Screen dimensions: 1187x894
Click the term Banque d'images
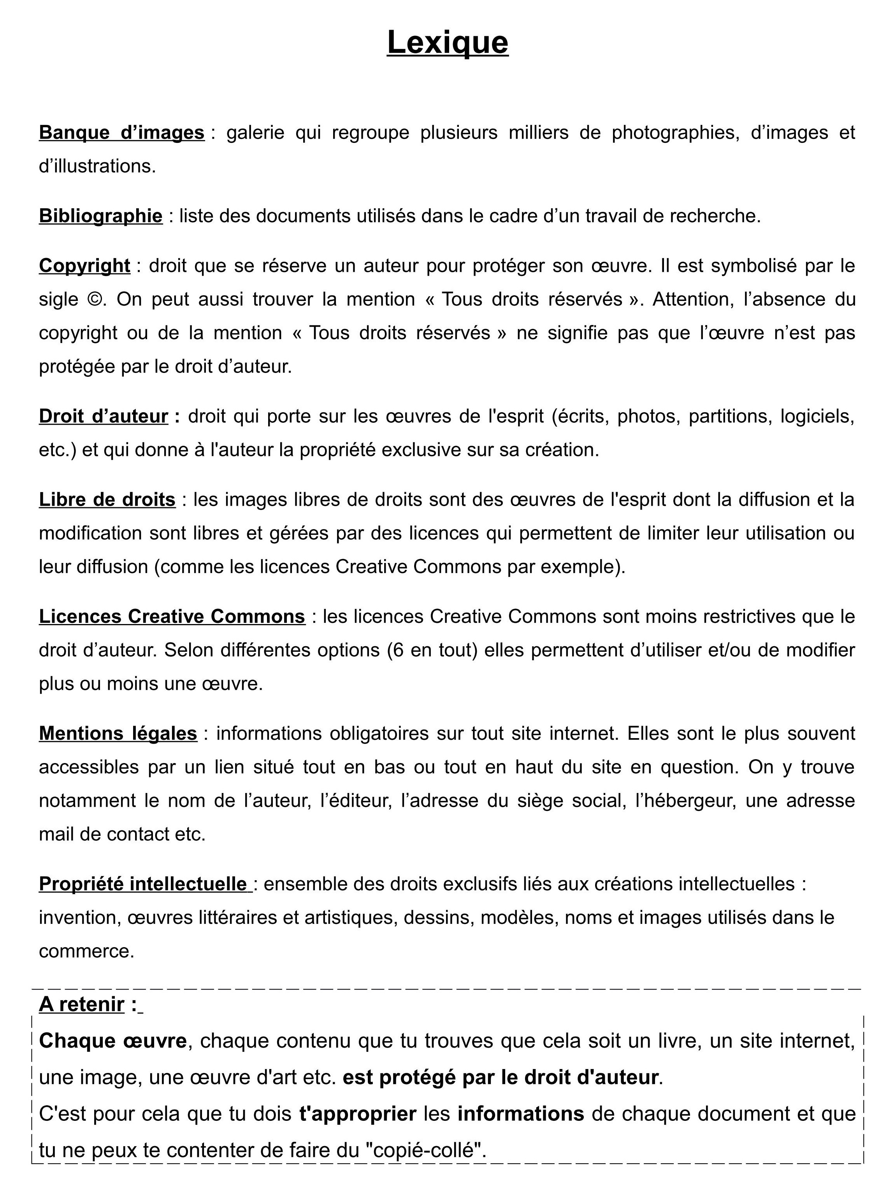tap(121, 132)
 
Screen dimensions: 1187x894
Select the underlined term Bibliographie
tap(100, 215)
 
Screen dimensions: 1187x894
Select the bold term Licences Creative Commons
tap(172, 616)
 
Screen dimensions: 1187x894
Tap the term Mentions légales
tap(118, 733)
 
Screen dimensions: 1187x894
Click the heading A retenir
tap(82, 1004)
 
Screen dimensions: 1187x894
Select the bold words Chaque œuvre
tap(113, 1041)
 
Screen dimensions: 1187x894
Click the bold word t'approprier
tap(358, 1113)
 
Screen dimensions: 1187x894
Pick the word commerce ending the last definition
tap(86, 951)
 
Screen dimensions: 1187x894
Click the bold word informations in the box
tap(520, 1113)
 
